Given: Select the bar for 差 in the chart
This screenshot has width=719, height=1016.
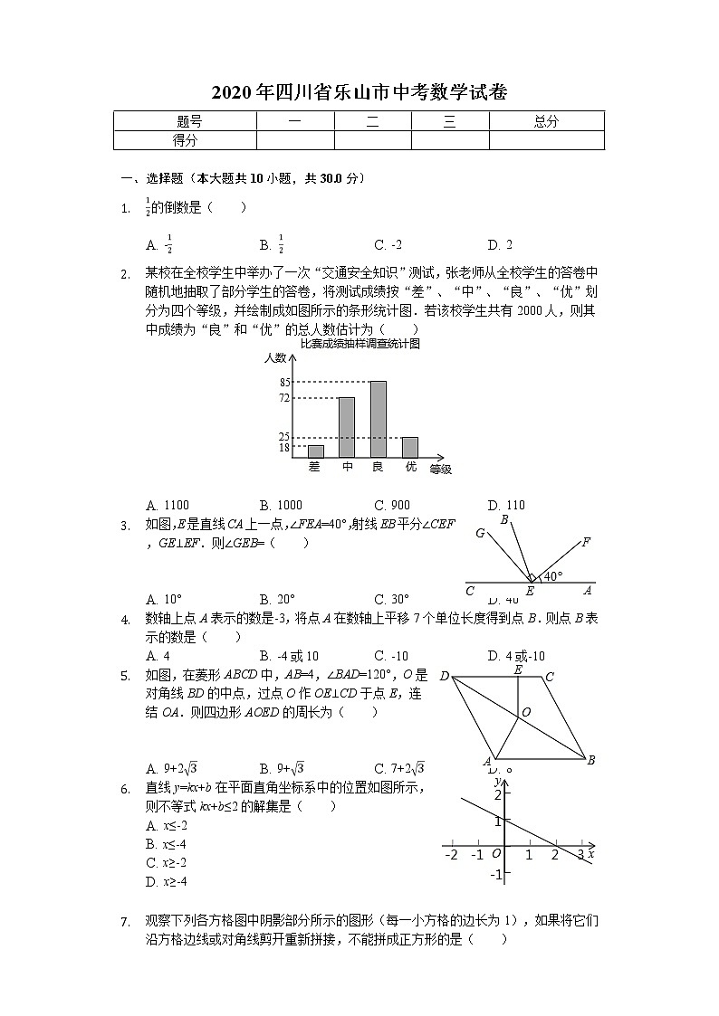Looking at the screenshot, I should (315, 451).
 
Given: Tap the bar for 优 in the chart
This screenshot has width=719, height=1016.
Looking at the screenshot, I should (410, 448).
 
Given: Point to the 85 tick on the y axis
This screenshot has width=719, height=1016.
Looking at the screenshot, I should (284, 383).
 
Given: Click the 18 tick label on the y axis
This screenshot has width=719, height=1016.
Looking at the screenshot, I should (284, 448).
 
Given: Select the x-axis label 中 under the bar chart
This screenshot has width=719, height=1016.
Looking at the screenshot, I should (347, 467).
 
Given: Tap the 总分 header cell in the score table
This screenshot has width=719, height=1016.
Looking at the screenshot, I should (546, 121).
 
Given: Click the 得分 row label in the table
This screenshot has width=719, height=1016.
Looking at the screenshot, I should (186, 140).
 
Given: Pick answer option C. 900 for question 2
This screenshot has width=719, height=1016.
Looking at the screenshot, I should (391, 505).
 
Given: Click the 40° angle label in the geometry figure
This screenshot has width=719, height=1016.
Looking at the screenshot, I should (552, 576).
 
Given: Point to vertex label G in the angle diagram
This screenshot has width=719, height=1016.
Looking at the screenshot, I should (480, 534).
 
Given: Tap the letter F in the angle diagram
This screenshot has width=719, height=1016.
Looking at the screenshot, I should (586, 543).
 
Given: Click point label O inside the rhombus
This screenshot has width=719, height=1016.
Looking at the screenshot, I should (526, 712).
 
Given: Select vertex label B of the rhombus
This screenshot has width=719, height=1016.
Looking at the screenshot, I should (590, 760).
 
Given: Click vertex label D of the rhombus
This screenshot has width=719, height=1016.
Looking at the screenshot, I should (444, 677).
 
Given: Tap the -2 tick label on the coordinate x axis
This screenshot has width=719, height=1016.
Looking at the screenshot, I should (452, 854).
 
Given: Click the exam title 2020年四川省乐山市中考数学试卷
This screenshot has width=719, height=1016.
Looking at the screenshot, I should (359, 92).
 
